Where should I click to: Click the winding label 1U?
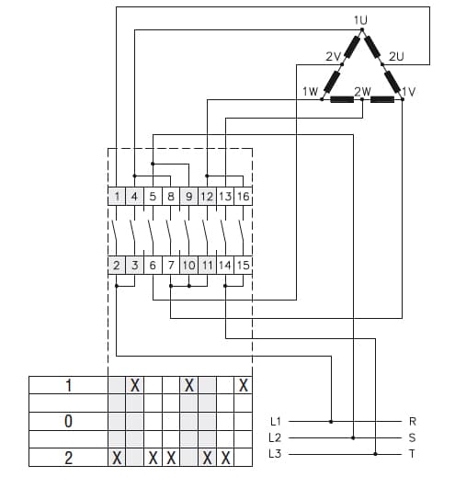point(361,20)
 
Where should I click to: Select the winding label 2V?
point(333,56)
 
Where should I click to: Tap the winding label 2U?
point(396,56)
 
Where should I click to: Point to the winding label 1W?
point(310,91)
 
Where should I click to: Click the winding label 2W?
point(362,91)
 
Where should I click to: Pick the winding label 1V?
point(409,91)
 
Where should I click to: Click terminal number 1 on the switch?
point(118,197)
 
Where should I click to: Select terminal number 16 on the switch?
point(243,197)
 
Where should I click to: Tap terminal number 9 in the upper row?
point(188,197)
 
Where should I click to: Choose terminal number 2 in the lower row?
point(118,265)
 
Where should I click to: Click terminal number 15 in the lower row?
point(243,265)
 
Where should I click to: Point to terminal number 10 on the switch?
point(188,265)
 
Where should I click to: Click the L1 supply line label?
point(276,422)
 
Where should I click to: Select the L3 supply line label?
point(276,454)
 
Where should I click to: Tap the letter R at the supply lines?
point(413,422)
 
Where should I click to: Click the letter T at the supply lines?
point(413,454)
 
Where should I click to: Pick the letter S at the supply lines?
point(413,437)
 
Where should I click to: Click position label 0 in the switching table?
point(68,421)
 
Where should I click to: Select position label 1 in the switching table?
point(68,385)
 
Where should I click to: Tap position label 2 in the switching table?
point(68,458)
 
